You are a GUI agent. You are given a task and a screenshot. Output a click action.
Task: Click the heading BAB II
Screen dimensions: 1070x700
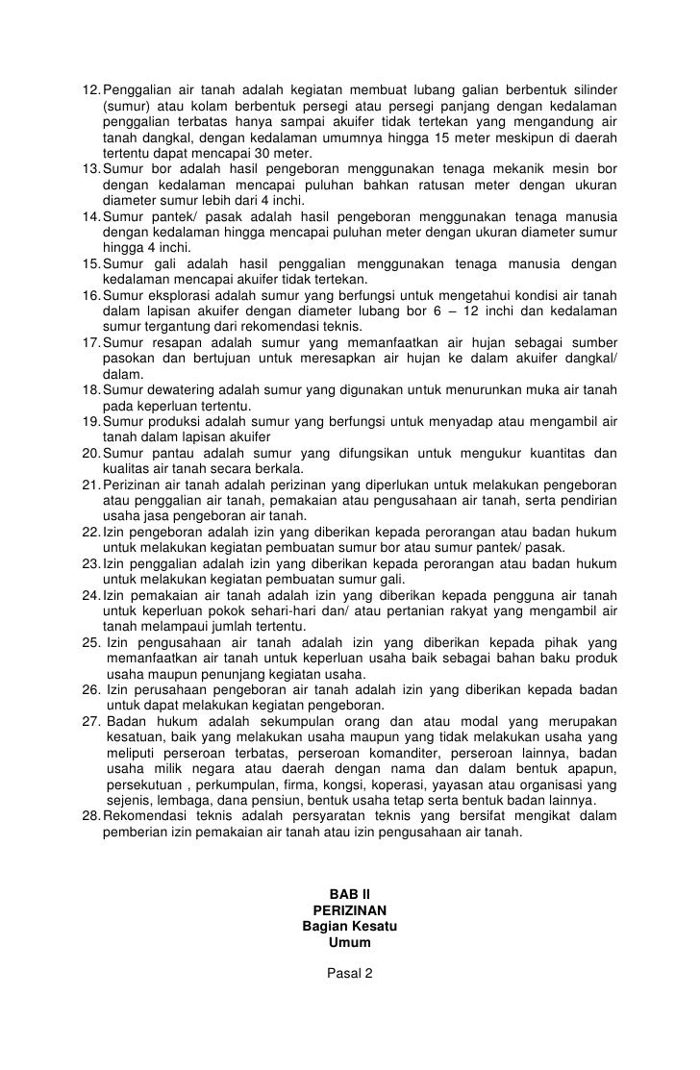click(x=349, y=893)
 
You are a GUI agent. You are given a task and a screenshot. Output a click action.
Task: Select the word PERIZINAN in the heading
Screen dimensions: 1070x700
click(x=349, y=910)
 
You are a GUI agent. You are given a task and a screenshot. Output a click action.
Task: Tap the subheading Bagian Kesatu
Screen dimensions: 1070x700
click(x=349, y=927)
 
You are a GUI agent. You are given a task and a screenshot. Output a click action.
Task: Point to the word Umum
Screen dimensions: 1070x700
click(x=349, y=943)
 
